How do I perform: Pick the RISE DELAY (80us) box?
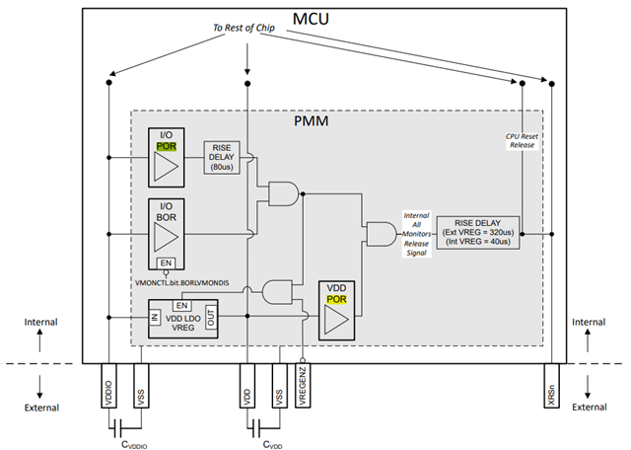click(223, 157)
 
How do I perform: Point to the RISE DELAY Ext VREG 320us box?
click(478, 234)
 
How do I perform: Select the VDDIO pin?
click(108, 385)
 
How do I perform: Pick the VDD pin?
click(246, 385)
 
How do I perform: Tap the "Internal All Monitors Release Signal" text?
click(415, 234)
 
